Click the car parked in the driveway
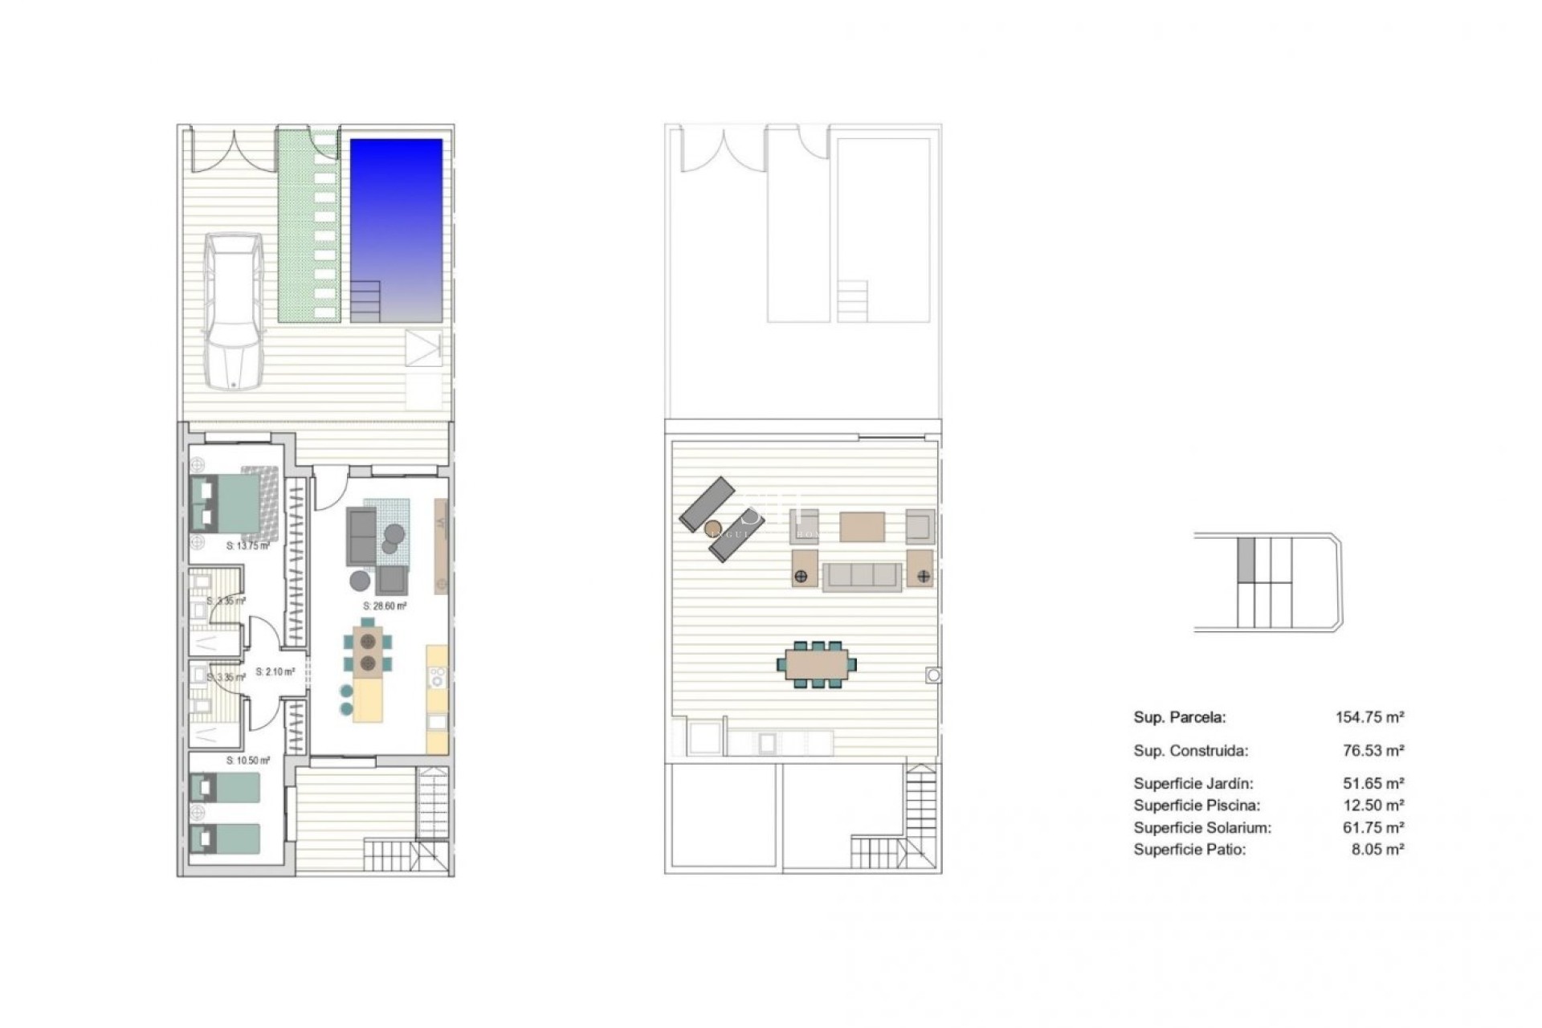pos(233,311)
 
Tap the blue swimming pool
pos(396,230)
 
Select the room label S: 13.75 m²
pos(247,546)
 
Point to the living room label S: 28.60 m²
pos(385,606)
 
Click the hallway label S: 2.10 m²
pos(275,671)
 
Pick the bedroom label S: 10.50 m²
pos(248,760)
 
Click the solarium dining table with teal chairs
pos(816,664)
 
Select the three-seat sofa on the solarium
pos(863,576)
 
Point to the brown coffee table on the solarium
pos(863,527)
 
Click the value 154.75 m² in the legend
pos(1369,717)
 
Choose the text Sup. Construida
pos(1190,751)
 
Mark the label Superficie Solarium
pos(1202,827)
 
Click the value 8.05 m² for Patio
pos(1377,849)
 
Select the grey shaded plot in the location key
pos(1246,560)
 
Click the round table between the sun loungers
pos(712,528)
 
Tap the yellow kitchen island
pos(368,701)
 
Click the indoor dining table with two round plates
pos(369,651)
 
